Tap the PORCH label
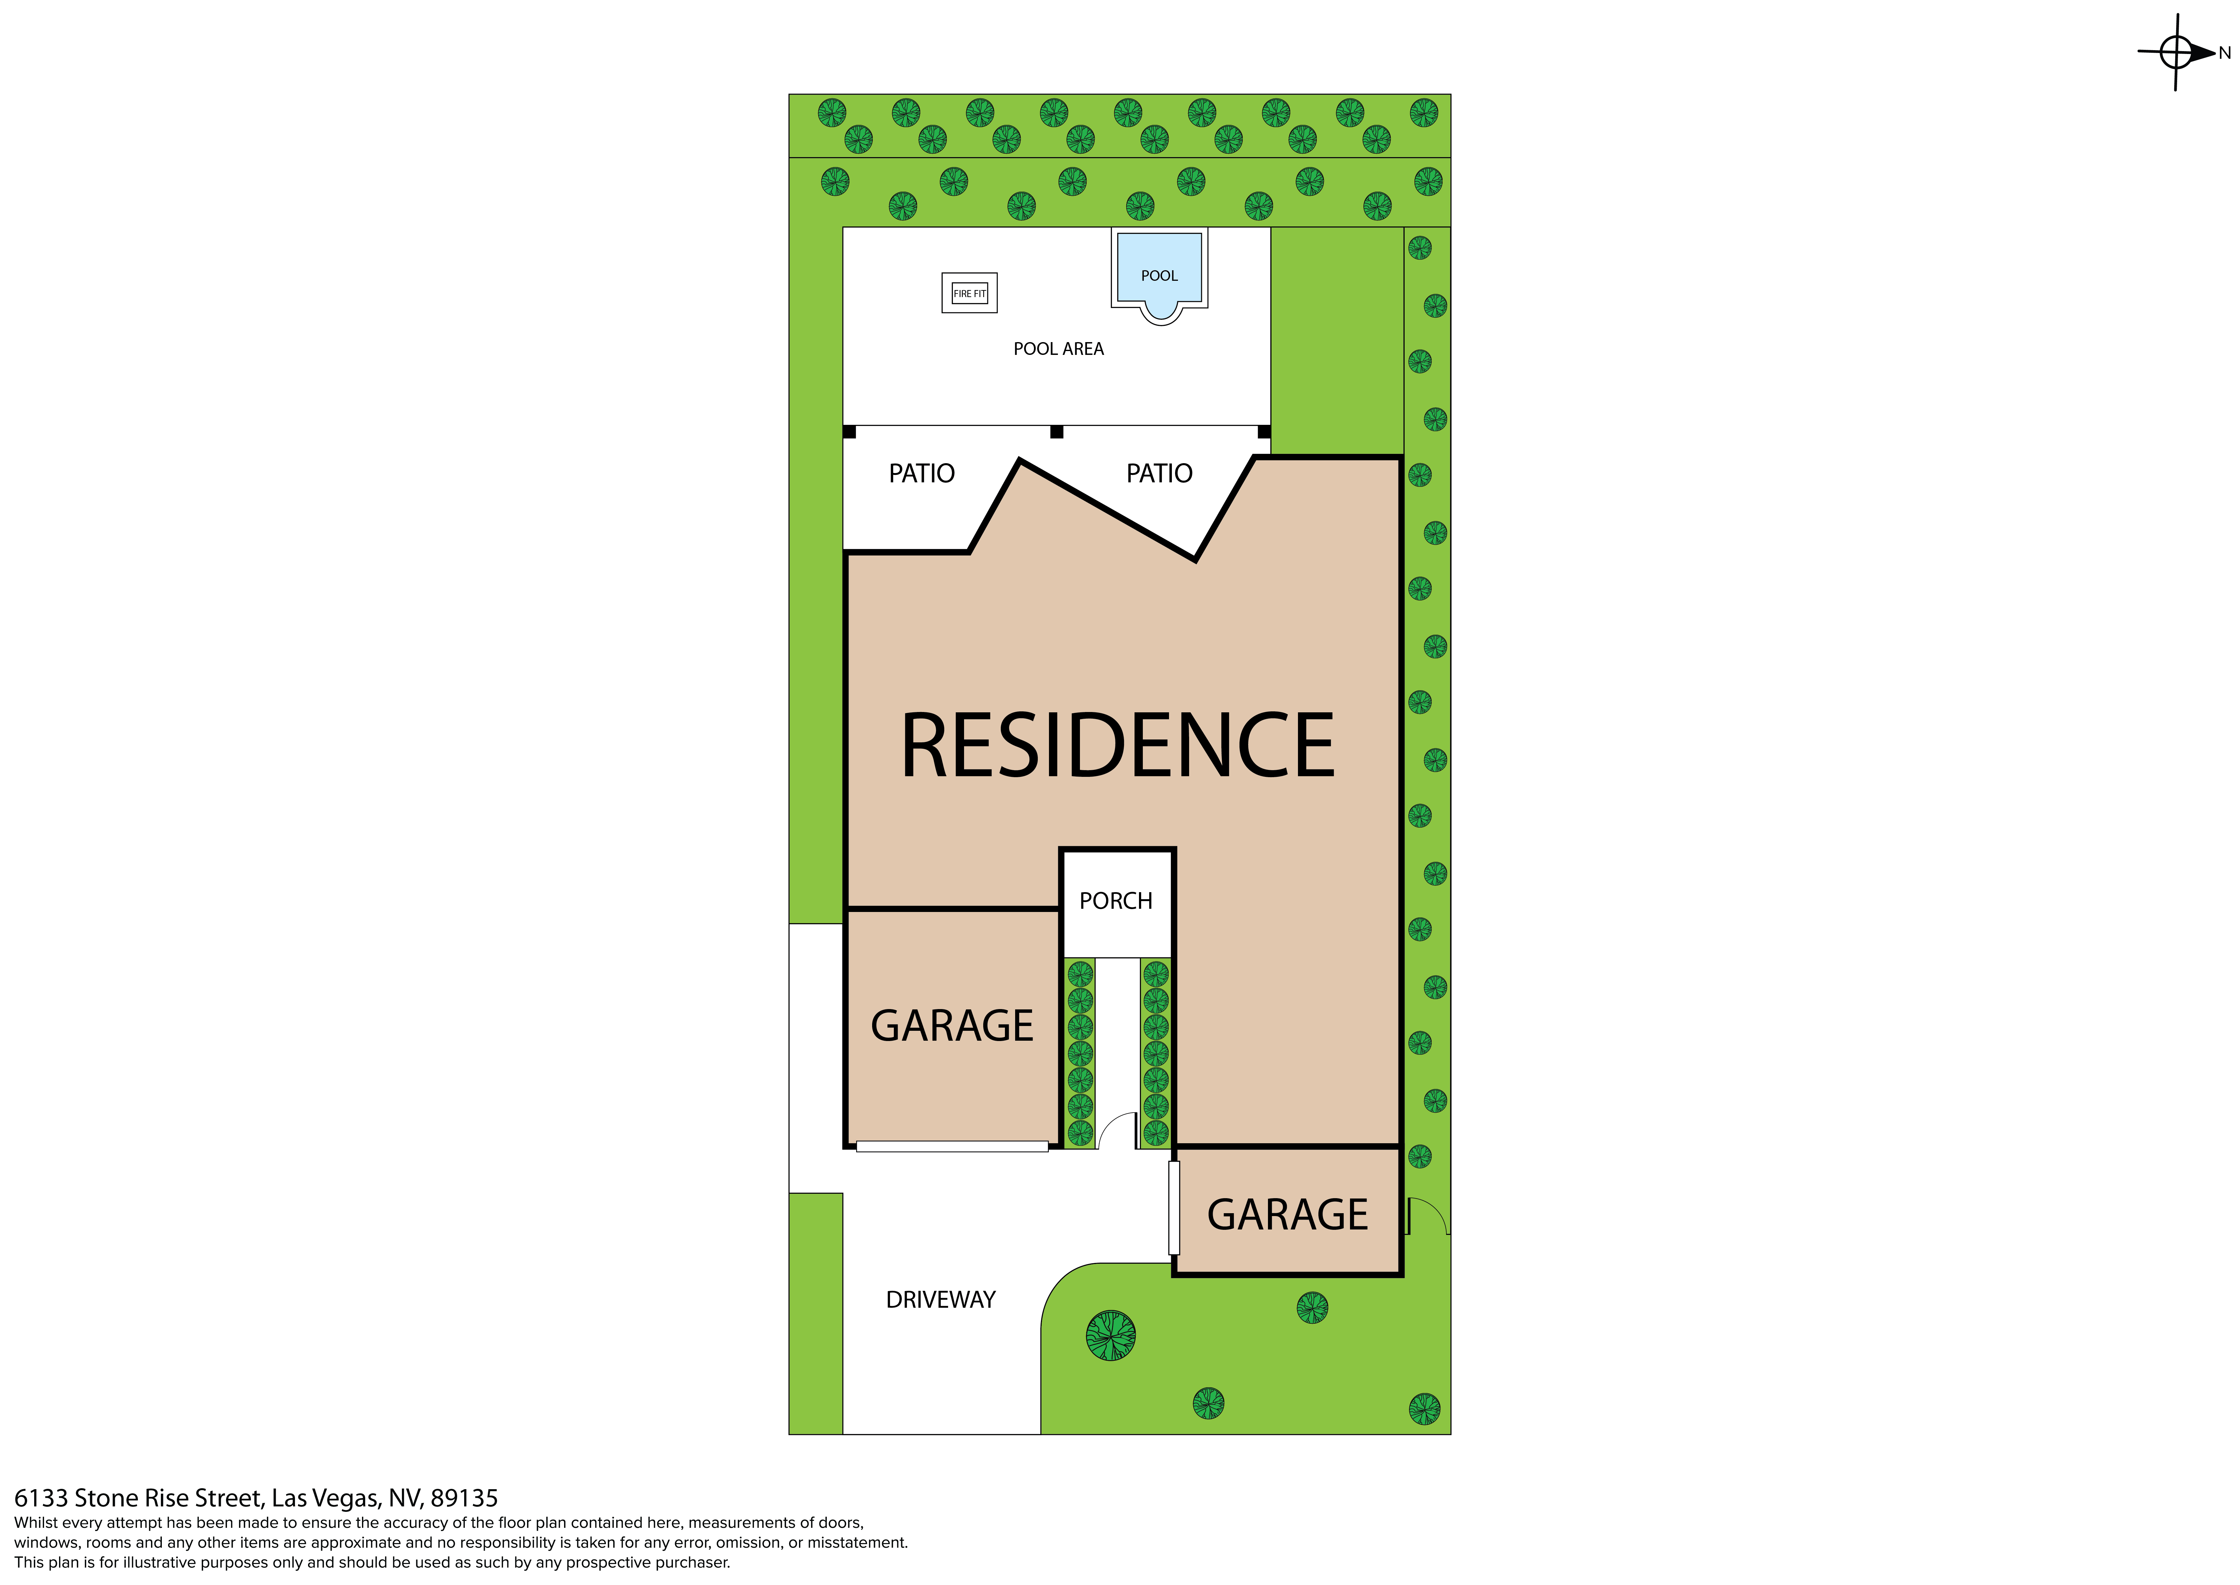(x=1116, y=901)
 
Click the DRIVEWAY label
(x=940, y=1300)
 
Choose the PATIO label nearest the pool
(x=1159, y=473)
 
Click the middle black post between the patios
(x=1057, y=431)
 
